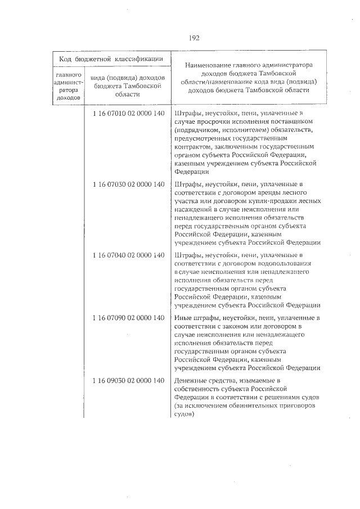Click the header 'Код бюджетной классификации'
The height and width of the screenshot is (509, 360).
(109, 58)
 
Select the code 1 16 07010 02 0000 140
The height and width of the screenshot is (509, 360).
(128, 114)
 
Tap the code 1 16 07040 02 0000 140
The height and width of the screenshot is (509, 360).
(128, 255)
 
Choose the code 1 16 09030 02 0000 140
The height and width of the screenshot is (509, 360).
(128, 381)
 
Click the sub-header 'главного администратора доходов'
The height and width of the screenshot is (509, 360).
(70, 86)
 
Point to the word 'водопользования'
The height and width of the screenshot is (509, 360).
(285, 263)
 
